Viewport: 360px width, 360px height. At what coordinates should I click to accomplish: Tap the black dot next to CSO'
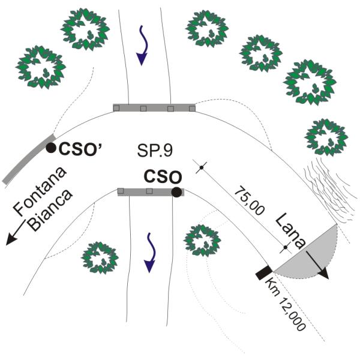51,147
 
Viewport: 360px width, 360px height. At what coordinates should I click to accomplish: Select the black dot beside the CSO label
176,192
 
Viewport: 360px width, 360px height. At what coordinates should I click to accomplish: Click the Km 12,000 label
287,303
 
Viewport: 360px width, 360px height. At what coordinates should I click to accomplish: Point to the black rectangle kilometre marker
265,272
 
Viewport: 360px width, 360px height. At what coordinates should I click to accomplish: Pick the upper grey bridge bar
154,107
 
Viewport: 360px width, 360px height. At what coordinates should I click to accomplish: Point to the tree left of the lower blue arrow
99,257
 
